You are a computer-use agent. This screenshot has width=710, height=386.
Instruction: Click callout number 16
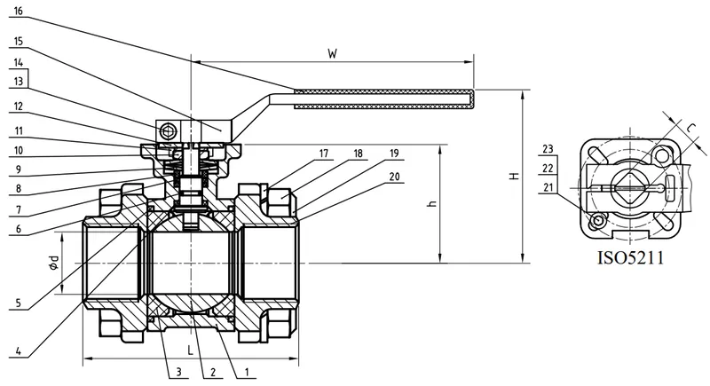pos(20,12)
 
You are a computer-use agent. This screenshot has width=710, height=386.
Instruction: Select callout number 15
pos(20,41)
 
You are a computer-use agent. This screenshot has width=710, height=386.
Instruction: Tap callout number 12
pos(20,106)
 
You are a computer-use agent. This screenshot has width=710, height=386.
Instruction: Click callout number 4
pos(19,349)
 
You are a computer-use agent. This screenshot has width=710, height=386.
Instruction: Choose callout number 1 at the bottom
pos(246,371)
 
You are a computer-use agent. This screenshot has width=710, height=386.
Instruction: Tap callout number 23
pos(548,148)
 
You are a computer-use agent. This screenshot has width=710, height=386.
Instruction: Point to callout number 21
pos(548,186)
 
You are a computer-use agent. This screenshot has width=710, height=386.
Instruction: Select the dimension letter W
pos(332,53)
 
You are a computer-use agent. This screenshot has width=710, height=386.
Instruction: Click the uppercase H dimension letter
pos(514,177)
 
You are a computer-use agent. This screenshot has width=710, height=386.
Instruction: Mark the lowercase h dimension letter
pos(431,203)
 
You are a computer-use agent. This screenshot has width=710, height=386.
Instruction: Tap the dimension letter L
pos(191,349)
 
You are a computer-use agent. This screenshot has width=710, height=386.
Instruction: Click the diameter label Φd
pos(54,262)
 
